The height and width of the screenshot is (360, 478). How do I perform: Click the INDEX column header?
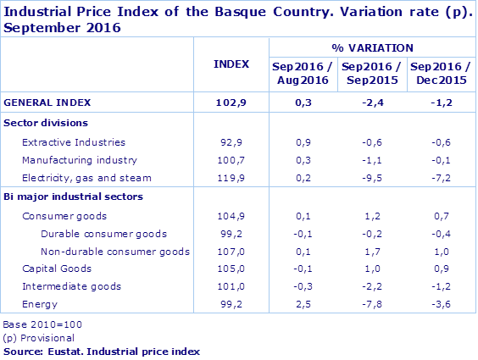point(231,64)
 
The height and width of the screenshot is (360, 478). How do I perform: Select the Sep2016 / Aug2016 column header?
point(300,71)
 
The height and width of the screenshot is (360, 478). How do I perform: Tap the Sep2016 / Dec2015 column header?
point(437,71)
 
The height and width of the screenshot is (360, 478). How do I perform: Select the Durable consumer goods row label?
point(103,234)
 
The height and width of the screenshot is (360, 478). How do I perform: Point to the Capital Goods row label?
point(56,269)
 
